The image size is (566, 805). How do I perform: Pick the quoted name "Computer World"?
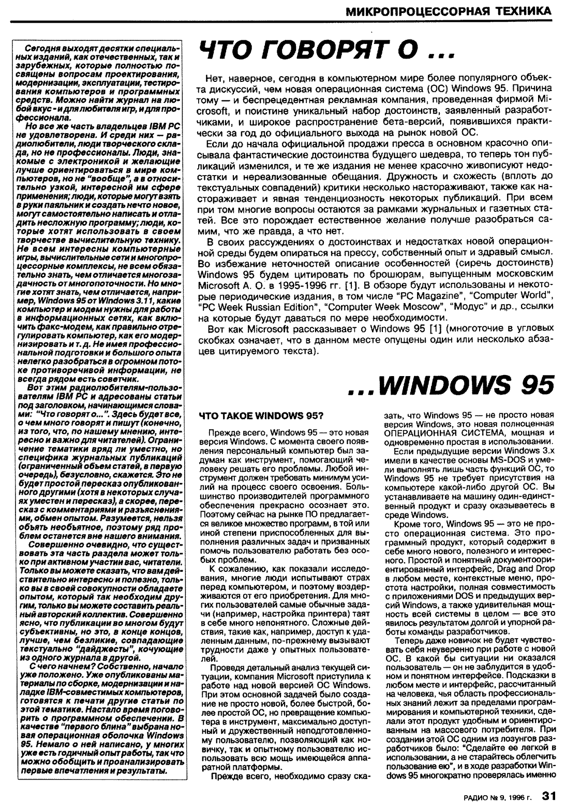click(x=512, y=295)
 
